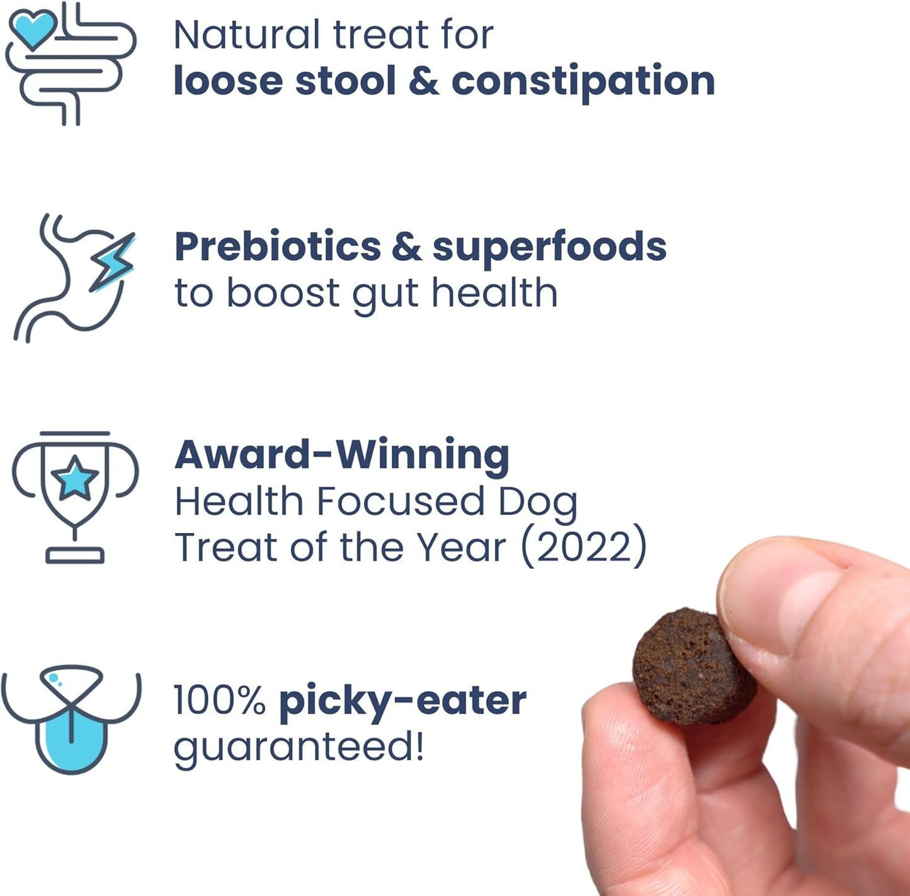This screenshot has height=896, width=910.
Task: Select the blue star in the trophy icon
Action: [74, 478]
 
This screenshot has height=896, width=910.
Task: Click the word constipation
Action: [583, 81]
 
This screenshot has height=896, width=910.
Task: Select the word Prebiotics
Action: [278, 246]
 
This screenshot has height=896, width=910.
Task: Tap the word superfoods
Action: [549, 246]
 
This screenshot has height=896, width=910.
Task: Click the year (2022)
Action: [584, 546]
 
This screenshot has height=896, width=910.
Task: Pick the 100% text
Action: [219, 700]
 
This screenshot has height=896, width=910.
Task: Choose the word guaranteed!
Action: [299, 748]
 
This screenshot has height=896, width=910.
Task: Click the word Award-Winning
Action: [342, 454]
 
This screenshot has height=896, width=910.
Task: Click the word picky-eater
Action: [402, 700]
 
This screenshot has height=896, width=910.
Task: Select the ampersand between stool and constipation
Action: [423, 81]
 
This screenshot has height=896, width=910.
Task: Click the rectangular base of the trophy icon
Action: [74, 556]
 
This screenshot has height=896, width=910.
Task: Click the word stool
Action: [346, 81]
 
